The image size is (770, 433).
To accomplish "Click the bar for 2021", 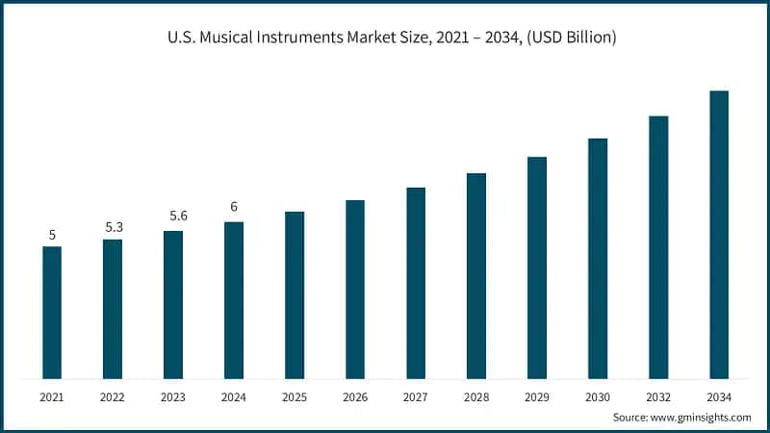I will tap(52, 313).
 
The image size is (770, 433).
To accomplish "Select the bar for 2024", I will tap(234, 300).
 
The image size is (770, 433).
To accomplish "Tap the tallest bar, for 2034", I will tap(719, 235).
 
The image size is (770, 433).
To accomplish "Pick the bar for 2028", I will tap(476, 276).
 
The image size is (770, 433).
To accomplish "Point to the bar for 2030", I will tap(598, 259).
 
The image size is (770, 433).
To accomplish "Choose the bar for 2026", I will tap(355, 290).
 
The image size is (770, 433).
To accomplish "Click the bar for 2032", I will tap(658, 247).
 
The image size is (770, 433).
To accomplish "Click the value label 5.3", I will tap(113, 227).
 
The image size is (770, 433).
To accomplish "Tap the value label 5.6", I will tap(173, 216).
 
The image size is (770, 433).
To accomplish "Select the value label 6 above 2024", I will tap(234, 207).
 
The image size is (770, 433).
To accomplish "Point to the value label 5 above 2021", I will tap(52, 235).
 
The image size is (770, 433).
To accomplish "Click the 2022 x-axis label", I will tap(113, 396).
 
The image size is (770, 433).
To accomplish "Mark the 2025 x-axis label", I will tap(295, 396).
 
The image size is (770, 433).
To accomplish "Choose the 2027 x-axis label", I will tap(416, 396).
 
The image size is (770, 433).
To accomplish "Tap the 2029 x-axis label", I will tap(537, 396).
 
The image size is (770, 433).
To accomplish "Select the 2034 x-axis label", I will tap(719, 396).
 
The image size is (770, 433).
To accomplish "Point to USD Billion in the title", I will tap(570, 38).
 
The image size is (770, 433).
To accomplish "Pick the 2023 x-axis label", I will tap(173, 396).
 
